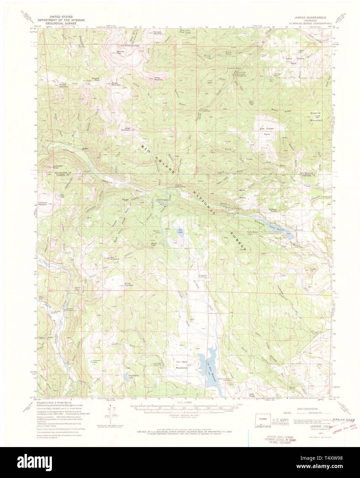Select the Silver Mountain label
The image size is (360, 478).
pos(125,130)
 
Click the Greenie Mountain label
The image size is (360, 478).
pos(316,117)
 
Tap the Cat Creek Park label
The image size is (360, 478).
pos(267,131)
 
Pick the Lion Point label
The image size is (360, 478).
pos(251,102)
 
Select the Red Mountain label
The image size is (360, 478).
pos(114,258)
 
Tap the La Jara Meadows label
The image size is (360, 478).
pos(182,365)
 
